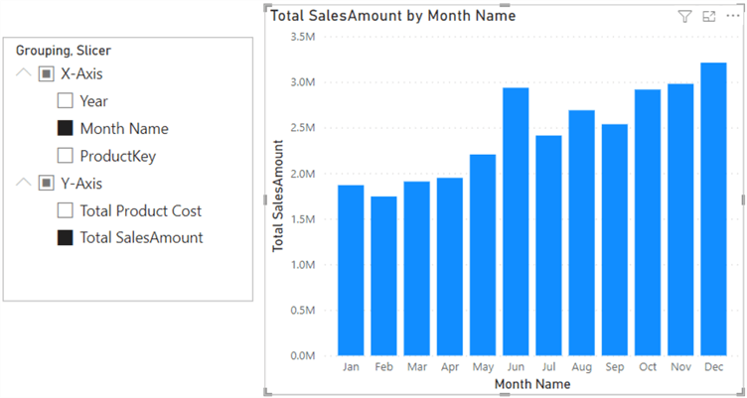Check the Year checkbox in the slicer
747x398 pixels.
pos(65,101)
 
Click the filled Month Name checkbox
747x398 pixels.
pos(65,128)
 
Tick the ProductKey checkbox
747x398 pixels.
pos(65,156)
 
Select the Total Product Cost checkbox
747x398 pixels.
pos(65,210)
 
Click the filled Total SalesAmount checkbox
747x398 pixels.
pos(65,238)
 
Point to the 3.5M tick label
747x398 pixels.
pos(302,36)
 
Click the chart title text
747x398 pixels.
pos(392,16)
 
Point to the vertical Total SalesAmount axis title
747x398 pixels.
pos(279,196)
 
